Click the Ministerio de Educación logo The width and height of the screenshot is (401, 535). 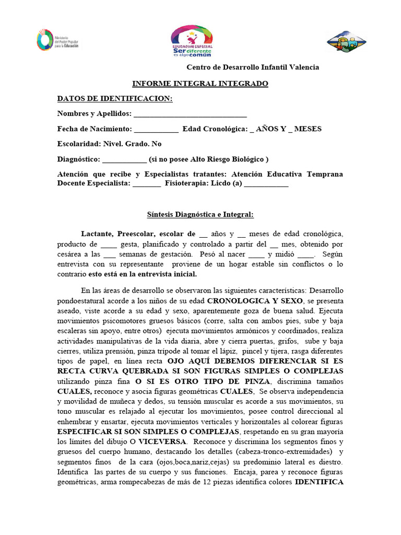point(58,40)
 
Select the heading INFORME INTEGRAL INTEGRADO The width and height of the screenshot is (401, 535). point(200,84)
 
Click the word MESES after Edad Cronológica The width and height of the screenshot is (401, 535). point(308,129)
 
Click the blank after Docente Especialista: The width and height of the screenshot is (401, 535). point(147,184)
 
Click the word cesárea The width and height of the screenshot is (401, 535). point(70,254)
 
